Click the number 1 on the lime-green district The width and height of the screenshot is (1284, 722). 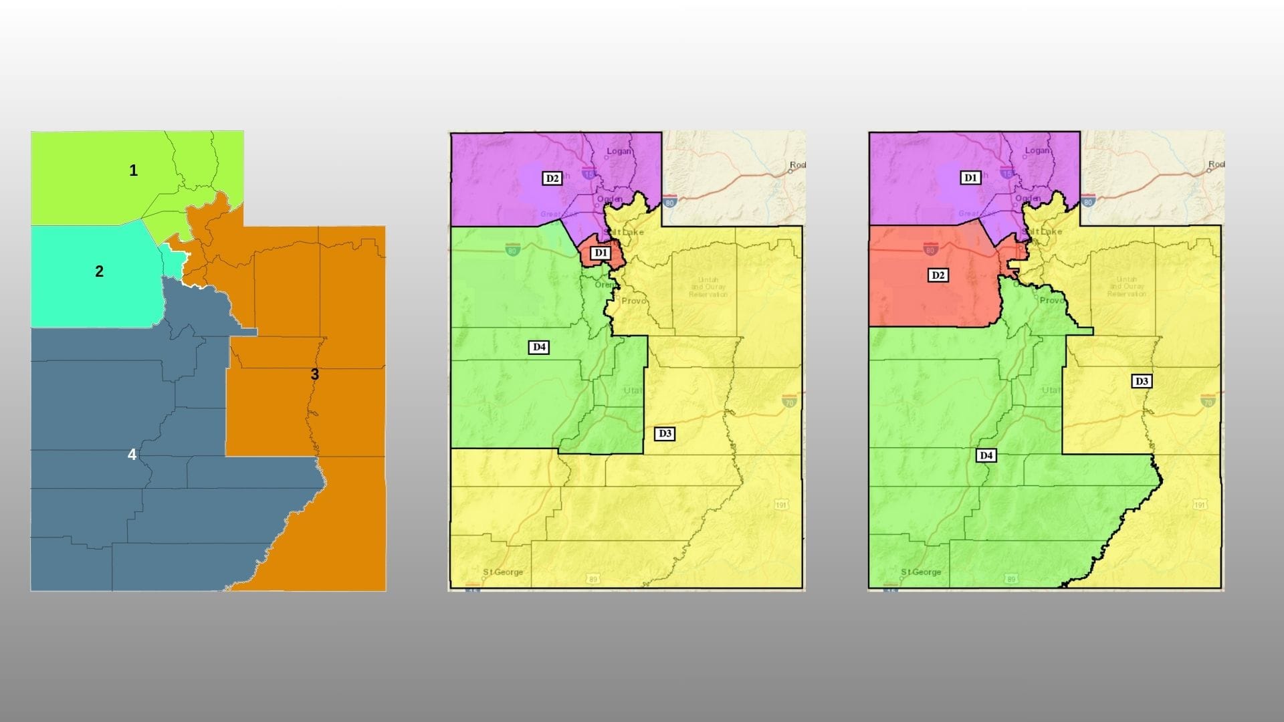click(133, 170)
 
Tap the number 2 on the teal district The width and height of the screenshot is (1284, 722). click(99, 271)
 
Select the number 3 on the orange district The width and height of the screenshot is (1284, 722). click(315, 374)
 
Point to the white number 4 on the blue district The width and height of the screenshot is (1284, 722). click(132, 455)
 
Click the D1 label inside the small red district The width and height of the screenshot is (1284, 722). click(601, 253)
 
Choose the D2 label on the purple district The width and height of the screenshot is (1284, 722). click(552, 178)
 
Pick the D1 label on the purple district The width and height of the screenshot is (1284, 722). click(970, 178)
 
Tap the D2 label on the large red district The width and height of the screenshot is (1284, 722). click(938, 275)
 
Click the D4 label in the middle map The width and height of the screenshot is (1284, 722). click(539, 347)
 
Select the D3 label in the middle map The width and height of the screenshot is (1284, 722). click(665, 434)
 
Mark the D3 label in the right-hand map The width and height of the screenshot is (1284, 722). click(1142, 382)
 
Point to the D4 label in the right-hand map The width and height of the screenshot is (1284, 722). click(986, 456)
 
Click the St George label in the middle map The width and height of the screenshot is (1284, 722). click(503, 572)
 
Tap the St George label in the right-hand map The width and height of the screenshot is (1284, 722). click(921, 572)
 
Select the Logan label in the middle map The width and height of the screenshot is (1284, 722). click(619, 151)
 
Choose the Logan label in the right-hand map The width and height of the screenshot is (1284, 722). click(1037, 150)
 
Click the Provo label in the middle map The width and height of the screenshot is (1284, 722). click(634, 301)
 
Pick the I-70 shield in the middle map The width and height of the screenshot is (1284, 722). click(789, 400)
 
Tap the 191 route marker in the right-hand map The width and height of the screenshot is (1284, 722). click(1200, 505)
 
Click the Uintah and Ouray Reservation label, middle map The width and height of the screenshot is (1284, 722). click(708, 287)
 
